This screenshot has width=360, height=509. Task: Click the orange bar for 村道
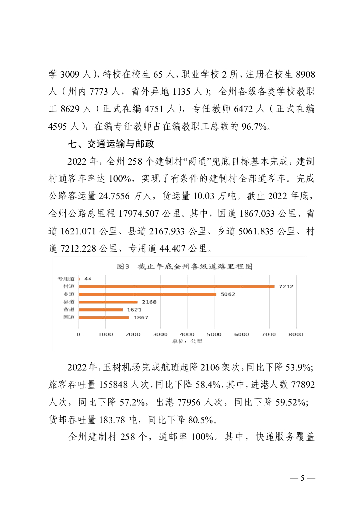coord(177,287)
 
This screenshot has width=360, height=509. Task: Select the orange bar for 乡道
coord(147,294)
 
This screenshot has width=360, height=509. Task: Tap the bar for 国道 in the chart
coord(104,317)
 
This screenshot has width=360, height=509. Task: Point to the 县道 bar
coord(108,302)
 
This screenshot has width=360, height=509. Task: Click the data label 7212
coord(286,287)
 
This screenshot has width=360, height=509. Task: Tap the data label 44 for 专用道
coord(88,279)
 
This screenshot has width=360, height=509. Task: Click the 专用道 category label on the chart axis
coord(66,279)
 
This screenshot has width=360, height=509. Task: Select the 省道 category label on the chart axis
coord(69,310)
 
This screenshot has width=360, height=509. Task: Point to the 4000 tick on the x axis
coord(187,334)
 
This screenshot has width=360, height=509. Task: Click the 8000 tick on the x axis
coord(296,334)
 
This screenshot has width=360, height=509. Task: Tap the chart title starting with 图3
coord(184,266)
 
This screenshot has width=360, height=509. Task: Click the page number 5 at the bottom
coord(302,479)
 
